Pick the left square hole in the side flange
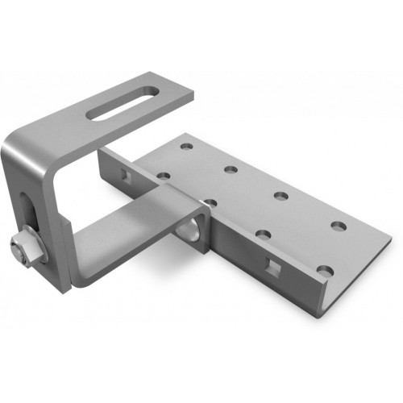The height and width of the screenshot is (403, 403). (x=123, y=174)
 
